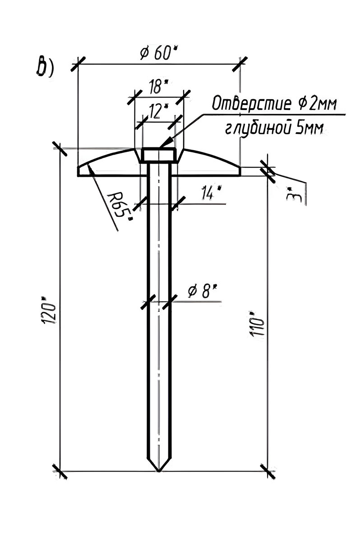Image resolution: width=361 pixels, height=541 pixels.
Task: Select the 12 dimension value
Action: point(158,111)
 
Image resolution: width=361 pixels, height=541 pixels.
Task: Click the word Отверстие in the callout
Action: point(252,104)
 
